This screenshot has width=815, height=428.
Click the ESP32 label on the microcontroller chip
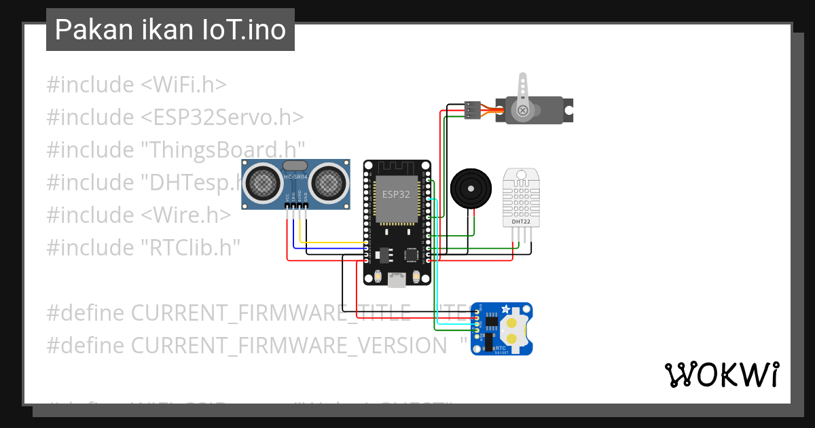397,194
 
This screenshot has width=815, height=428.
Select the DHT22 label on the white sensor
521,221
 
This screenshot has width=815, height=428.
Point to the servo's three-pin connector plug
473,110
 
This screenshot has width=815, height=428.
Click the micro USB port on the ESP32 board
397,278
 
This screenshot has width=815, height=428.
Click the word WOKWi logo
721,374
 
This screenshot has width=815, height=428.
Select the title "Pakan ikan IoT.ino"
170,30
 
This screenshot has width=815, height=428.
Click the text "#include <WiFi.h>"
136,85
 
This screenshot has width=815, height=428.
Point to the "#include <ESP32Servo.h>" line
175,118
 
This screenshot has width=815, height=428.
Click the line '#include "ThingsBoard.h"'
175,149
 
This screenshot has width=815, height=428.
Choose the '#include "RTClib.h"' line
143,247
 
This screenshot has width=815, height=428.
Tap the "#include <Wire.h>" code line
139,215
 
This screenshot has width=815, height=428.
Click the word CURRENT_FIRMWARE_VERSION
289,345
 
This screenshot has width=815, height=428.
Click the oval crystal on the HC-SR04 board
295,166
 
